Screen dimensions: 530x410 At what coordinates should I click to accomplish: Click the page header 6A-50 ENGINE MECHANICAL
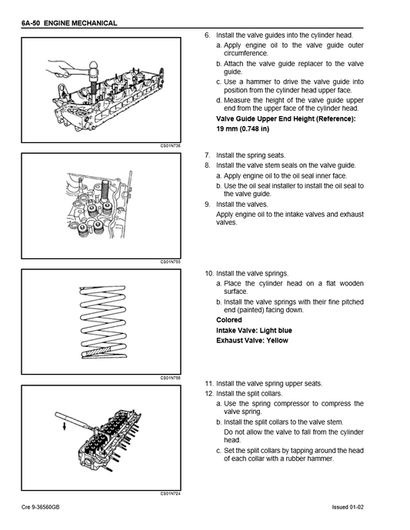[x=69, y=24]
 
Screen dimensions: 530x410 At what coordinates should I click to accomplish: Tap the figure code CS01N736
[x=170, y=145]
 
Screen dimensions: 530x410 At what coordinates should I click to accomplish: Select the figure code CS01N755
[x=170, y=262]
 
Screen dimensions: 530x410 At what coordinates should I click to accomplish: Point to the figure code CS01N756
[x=170, y=378]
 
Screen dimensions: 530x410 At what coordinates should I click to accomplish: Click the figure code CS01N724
[x=170, y=493]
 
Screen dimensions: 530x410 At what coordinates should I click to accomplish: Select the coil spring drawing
[x=100, y=321]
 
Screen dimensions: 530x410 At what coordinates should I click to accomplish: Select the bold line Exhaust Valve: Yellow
[x=252, y=340]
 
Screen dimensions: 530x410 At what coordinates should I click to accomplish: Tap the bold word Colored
[x=229, y=320]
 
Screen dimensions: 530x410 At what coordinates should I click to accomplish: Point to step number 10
[x=208, y=273]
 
